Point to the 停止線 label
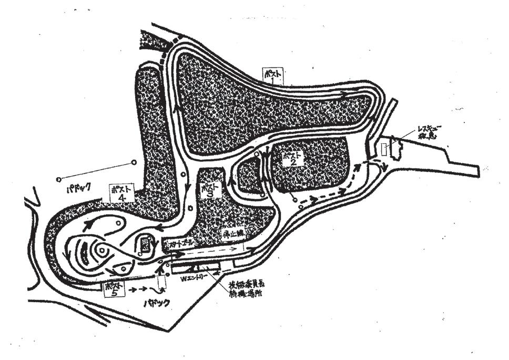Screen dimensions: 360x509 (231, 232)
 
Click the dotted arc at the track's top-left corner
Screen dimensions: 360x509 (171, 47)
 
